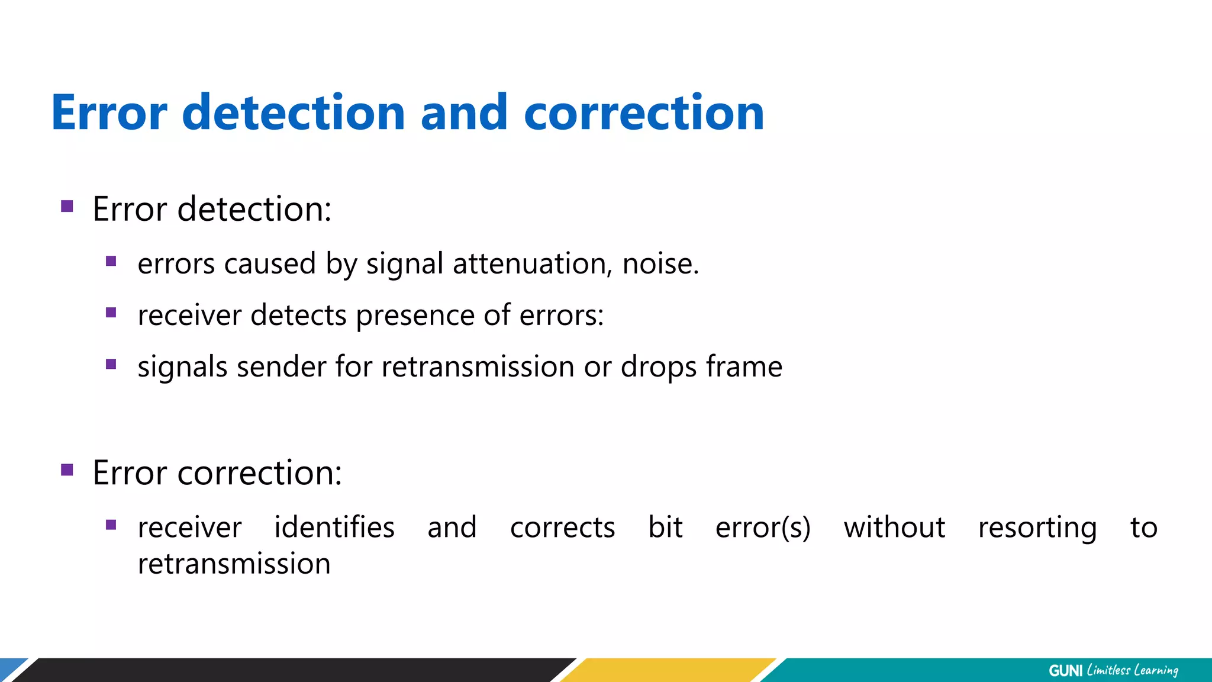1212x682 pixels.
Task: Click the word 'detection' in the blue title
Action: pyautogui.click(x=294, y=112)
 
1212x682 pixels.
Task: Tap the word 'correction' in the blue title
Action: pyautogui.click(x=644, y=112)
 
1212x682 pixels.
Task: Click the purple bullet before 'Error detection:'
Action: pyautogui.click(x=67, y=207)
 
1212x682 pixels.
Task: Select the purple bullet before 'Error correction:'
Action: pyautogui.click(x=67, y=470)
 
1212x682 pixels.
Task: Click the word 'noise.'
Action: pyautogui.click(x=660, y=263)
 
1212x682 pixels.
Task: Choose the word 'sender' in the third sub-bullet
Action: pyautogui.click(x=282, y=367)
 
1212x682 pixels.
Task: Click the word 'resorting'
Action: pyautogui.click(x=1037, y=528)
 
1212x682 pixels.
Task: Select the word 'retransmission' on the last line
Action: pyautogui.click(x=234, y=564)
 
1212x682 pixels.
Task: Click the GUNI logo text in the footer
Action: pyautogui.click(x=1065, y=671)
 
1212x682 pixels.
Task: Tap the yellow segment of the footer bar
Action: pyautogui.click(x=669, y=670)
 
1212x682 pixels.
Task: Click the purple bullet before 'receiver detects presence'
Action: pyautogui.click(x=111, y=313)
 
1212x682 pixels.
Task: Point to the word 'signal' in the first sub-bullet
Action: pyautogui.click(x=405, y=265)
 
